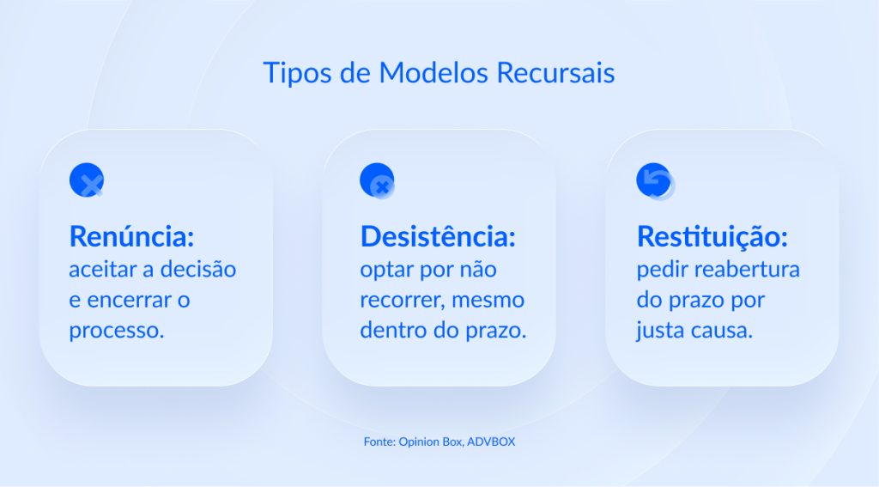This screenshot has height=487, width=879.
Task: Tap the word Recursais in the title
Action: coord(556,73)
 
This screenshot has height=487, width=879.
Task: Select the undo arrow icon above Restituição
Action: coord(655,181)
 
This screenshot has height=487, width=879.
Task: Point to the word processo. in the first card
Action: coord(116,330)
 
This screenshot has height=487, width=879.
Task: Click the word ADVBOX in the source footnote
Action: coord(491,442)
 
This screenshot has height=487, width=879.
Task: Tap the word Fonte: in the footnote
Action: coord(378,442)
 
